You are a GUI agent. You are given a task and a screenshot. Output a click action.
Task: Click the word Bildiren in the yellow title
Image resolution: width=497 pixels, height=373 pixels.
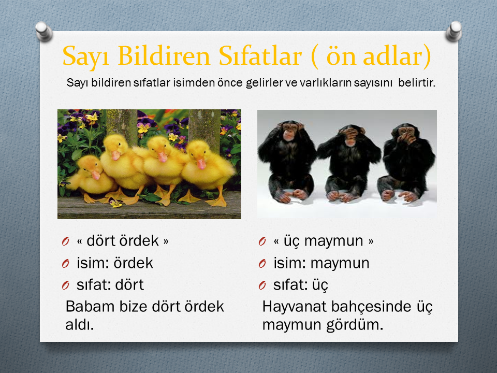point(164,56)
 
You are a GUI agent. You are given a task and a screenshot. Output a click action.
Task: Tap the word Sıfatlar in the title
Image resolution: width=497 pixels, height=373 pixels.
point(259,56)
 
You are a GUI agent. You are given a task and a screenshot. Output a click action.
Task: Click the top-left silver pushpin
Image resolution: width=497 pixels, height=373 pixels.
point(44,32)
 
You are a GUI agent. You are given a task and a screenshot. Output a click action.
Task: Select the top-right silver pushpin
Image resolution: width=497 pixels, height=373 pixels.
point(454,32)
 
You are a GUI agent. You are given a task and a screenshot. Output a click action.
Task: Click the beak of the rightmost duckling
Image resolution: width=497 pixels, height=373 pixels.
point(201,164)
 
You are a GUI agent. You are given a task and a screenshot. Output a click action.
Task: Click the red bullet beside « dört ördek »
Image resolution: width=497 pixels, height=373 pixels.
point(66,242)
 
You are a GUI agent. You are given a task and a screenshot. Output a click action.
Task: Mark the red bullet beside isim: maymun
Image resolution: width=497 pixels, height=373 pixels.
point(262,264)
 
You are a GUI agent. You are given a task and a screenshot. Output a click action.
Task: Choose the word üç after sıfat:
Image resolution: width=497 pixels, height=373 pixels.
point(320,285)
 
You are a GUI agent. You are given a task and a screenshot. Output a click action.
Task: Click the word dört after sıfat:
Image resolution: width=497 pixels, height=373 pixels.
point(129,285)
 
